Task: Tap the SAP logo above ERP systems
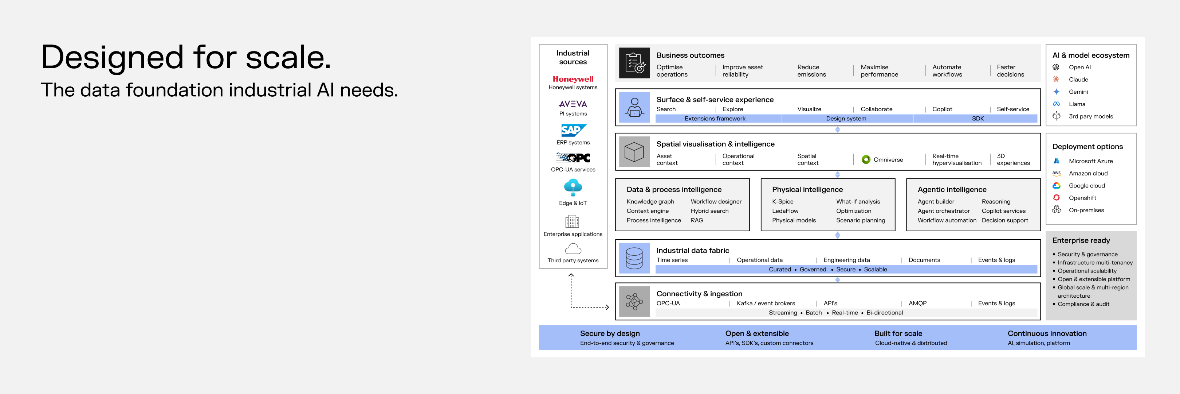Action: click(573, 130)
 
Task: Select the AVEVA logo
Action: click(573, 104)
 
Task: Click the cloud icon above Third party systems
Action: click(573, 248)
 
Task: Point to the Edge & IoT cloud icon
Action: click(573, 187)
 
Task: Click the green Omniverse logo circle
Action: click(866, 160)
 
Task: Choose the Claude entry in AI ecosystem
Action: click(1078, 80)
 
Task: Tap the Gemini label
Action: click(1078, 92)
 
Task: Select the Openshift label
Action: click(1082, 198)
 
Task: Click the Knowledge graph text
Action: click(650, 201)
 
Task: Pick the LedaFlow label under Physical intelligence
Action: click(785, 211)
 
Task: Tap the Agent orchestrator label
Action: click(944, 211)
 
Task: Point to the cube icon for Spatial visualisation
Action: click(634, 152)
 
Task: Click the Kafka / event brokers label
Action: click(766, 303)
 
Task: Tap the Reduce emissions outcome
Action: click(812, 71)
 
